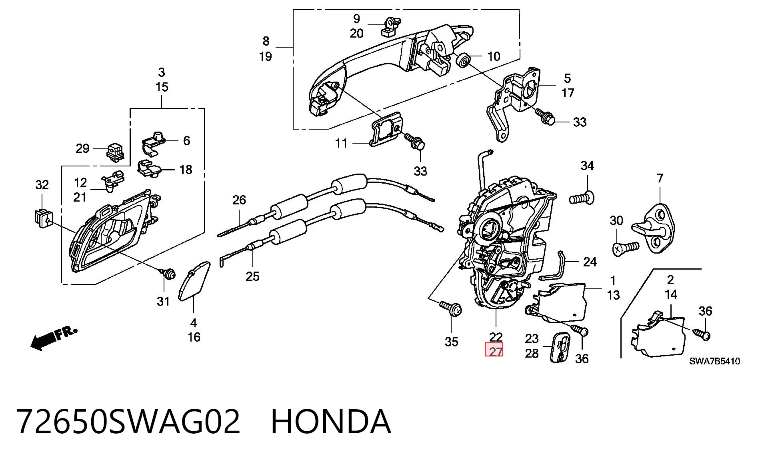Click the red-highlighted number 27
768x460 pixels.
point(496,352)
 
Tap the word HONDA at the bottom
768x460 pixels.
point(331,422)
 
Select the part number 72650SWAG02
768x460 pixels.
point(128,422)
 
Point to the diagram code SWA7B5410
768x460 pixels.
point(714,361)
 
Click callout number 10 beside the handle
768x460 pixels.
point(494,56)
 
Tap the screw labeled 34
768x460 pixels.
point(582,198)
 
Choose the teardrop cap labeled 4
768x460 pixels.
point(194,280)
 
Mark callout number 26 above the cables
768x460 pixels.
point(239,200)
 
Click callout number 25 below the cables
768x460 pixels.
point(252,276)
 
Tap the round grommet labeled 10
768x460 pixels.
point(463,60)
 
